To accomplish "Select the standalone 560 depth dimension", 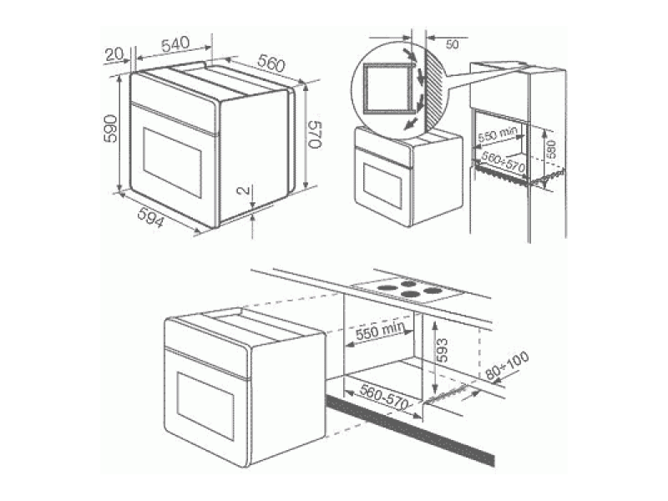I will coord(272,63).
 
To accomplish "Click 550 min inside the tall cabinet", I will coord(498,134).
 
